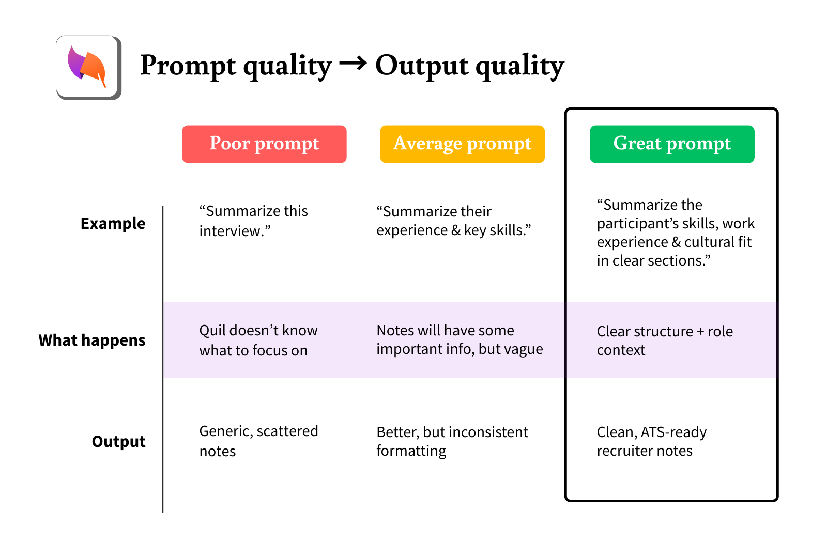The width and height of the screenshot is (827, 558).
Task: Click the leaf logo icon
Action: coord(88,67)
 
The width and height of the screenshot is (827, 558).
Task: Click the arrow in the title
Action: coord(353,64)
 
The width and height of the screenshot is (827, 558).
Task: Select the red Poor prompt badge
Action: coord(264,144)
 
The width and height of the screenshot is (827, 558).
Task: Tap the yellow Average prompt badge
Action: coord(462,144)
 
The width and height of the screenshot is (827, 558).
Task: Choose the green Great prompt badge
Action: coord(672,144)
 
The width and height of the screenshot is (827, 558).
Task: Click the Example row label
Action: coord(113,224)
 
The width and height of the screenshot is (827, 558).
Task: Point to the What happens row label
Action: coord(92,340)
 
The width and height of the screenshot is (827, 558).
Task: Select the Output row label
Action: coord(118,442)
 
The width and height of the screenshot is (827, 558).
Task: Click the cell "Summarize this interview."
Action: coord(253,221)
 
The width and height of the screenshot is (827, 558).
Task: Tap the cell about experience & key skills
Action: coord(453,221)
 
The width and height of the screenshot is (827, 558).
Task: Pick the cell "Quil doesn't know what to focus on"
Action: coord(258,340)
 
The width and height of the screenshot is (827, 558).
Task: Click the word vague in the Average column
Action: coord(524,350)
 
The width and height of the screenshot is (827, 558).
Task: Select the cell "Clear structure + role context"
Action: coord(664,340)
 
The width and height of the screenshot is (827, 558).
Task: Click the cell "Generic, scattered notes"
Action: coord(258,441)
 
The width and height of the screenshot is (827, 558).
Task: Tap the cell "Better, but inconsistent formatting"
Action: coord(452,441)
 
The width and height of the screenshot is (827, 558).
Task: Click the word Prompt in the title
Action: coord(188,66)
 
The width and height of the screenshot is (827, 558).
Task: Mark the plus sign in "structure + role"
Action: coord(700,332)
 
